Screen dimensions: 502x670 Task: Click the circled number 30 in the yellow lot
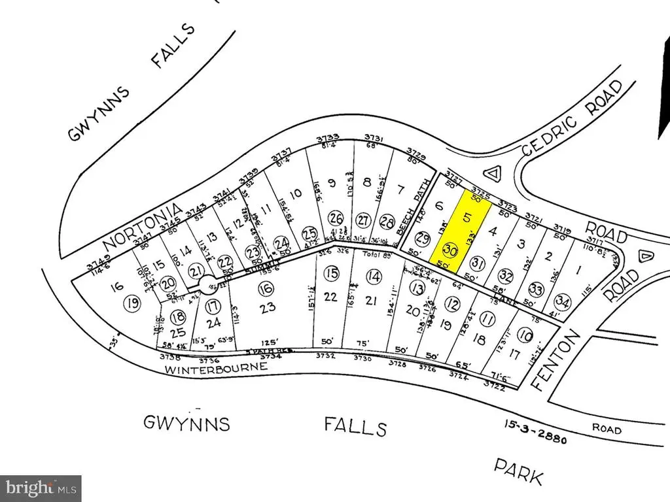(x=450, y=250)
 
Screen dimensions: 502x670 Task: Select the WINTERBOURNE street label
(x=216, y=367)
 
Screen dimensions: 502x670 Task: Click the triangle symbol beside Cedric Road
(x=493, y=173)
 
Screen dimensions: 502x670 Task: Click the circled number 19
(x=133, y=303)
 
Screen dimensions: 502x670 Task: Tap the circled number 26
(x=336, y=218)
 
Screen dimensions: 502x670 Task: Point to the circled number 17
(x=212, y=306)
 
